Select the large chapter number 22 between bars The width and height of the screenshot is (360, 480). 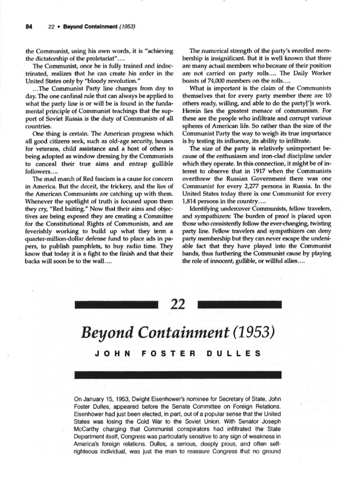[x=180, y=305]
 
